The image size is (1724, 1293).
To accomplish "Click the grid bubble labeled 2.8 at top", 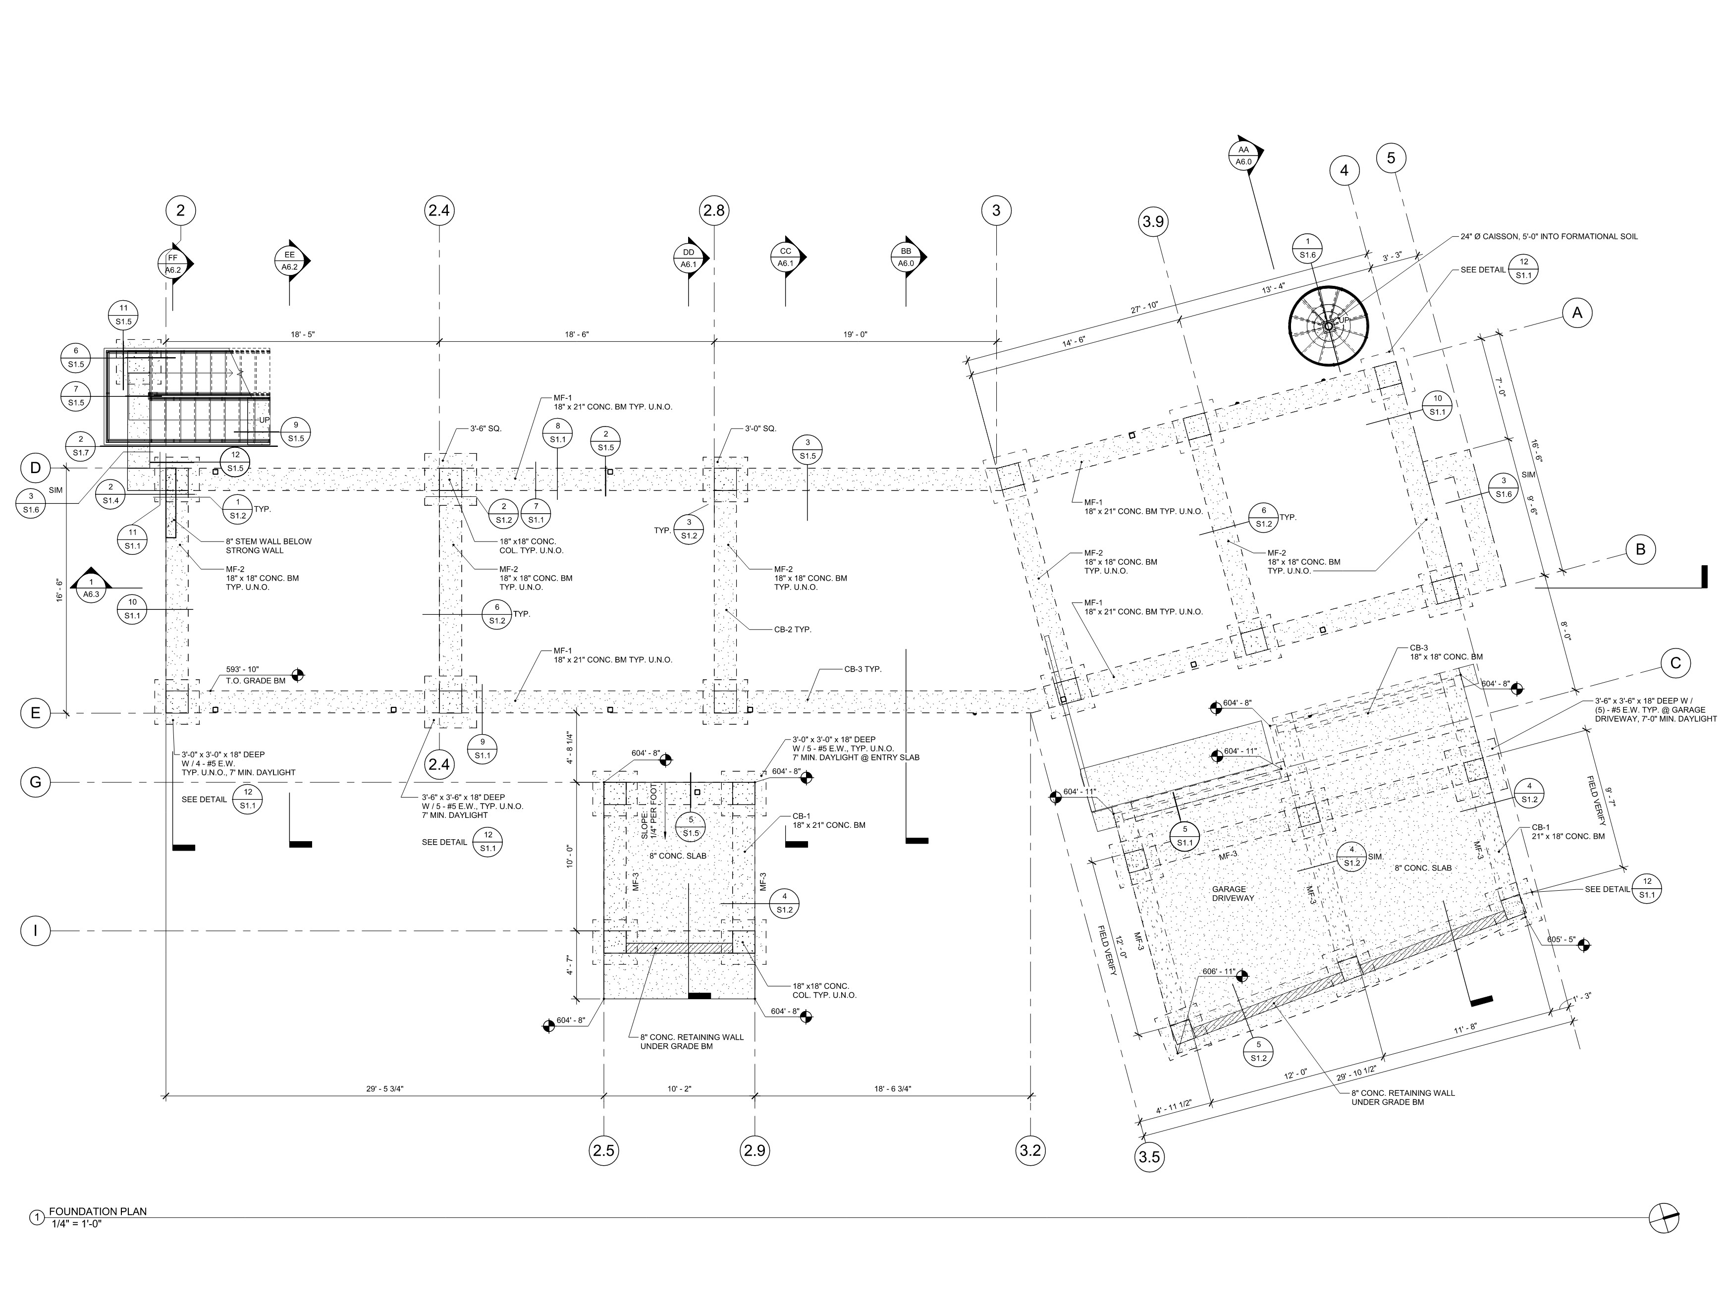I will coord(713,211).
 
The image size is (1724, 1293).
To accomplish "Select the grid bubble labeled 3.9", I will coord(1153,222).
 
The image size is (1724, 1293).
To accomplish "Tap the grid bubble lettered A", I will coord(1577,313).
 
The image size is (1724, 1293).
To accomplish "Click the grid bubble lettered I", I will coord(35,930).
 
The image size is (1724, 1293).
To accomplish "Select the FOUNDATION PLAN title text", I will coord(98,1211).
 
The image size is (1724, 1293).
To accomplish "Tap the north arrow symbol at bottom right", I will coord(1664,1217).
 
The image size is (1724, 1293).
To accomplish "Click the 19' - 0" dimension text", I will coord(855,334).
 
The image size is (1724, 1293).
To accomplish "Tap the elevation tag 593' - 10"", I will coord(242,669).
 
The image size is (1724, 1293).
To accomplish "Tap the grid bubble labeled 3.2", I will coord(1030,1150).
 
